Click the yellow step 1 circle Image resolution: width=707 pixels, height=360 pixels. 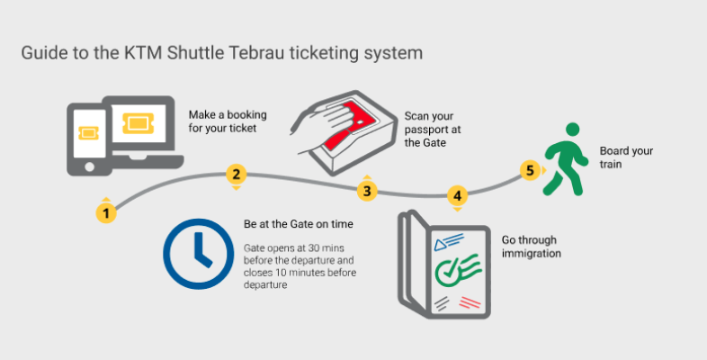[106, 213]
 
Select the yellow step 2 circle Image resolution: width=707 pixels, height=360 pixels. [236, 174]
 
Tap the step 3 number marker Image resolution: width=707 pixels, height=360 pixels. [367, 191]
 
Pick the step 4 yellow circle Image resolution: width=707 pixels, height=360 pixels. [457, 196]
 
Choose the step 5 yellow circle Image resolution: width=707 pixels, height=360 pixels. [530, 170]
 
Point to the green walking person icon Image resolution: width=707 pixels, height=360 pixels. [566, 158]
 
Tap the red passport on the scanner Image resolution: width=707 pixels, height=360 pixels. [352, 124]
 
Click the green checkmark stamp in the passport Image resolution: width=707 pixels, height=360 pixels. [457, 267]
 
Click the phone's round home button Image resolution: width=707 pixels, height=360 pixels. [89, 166]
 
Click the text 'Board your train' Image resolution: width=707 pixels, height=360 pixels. [626, 157]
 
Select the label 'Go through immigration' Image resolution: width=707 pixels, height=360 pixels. [532, 247]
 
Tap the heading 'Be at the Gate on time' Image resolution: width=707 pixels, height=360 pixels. [299, 224]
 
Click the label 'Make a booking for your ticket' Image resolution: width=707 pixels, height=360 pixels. [228, 121]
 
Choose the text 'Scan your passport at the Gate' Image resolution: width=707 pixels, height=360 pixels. [433, 130]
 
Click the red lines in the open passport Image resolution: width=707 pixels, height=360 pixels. [470, 302]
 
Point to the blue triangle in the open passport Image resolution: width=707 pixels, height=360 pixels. [439, 245]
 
